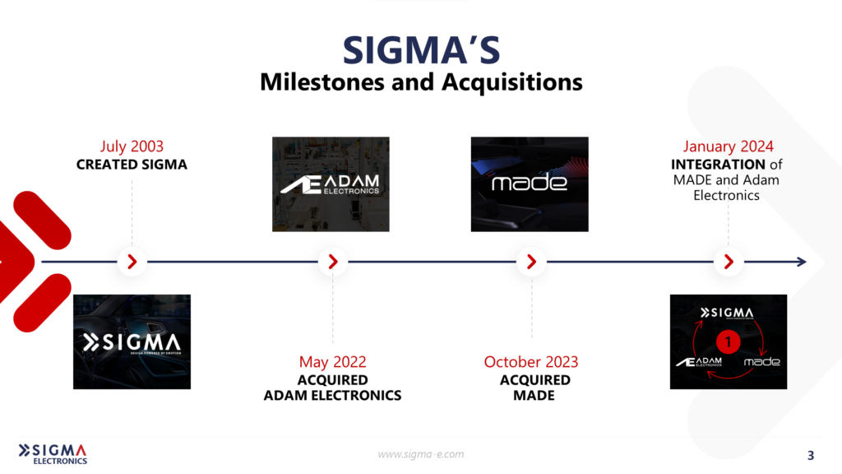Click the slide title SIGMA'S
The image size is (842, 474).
click(421, 50)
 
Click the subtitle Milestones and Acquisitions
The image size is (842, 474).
click(421, 82)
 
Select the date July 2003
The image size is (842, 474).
click(132, 146)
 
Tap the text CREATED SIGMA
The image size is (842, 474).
click(132, 165)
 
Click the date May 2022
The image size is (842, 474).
click(332, 361)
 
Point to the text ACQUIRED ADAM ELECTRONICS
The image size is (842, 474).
click(332, 388)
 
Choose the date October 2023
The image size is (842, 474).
click(531, 361)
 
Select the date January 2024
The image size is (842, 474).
click(728, 146)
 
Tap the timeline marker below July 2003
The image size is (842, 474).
click(132, 263)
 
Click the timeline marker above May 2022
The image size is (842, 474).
click(332, 263)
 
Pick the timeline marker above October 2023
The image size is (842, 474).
click(531, 263)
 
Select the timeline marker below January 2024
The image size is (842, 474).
click(728, 263)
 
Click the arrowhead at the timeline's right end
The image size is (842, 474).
click(801, 263)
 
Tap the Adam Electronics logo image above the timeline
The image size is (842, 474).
click(331, 184)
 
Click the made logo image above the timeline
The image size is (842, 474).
click(530, 184)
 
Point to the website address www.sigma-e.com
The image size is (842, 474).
click(421, 454)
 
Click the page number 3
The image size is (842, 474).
click(811, 455)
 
